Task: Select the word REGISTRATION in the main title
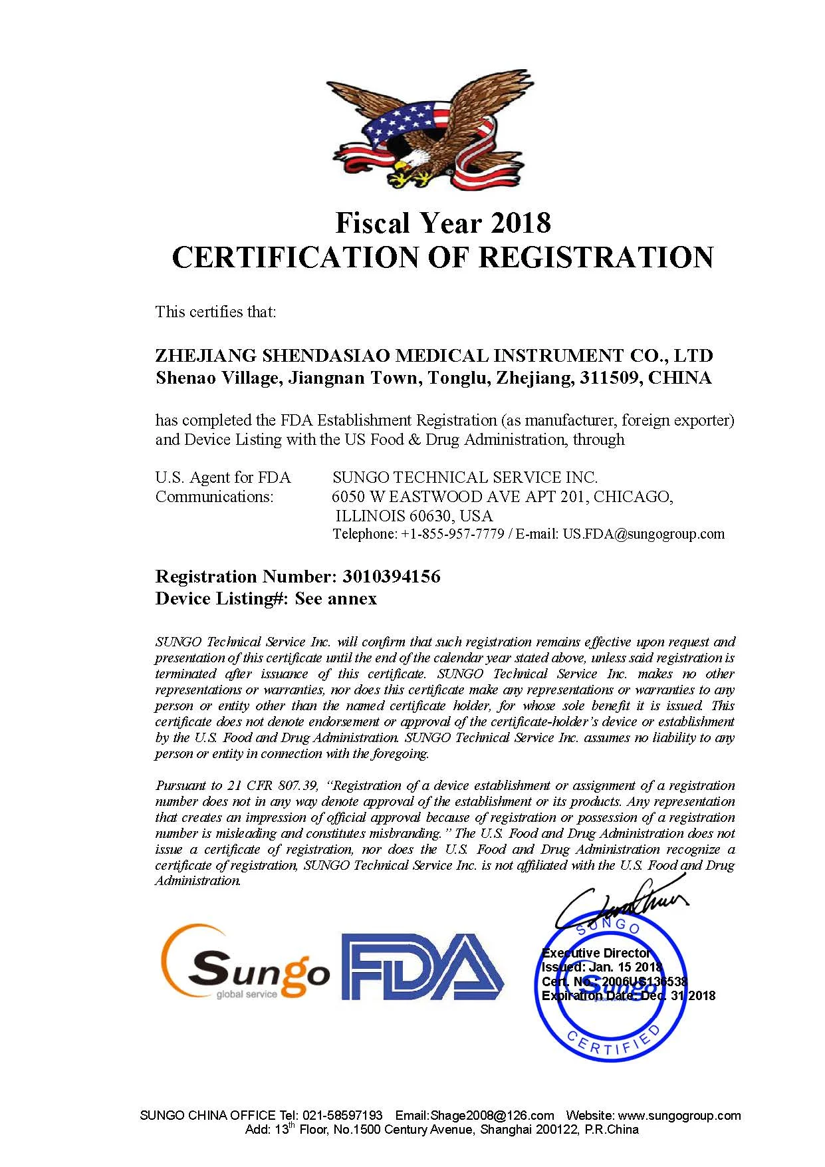coord(596,258)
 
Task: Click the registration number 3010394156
coord(391,577)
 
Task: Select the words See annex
coord(336,599)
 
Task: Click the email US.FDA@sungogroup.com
coord(644,534)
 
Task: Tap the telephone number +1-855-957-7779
coord(452,534)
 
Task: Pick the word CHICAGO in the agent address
coord(632,497)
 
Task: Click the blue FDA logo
coord(422,967)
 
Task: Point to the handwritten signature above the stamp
coord(622,903)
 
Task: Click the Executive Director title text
coord(596,953)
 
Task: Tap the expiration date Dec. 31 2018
coord(678,995)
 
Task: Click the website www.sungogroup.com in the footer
coord(679,1115)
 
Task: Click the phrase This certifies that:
coord(215,312)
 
